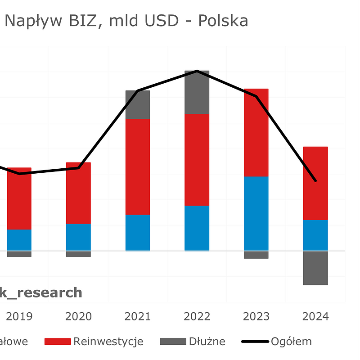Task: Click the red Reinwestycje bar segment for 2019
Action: coord(19,198)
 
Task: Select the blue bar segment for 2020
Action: coord(78,237)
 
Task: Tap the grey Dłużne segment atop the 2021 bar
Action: coord(138,104)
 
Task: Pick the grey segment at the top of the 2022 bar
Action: coord(197,92)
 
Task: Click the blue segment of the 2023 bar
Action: coord(256,213)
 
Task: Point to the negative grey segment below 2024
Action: coord(315,268)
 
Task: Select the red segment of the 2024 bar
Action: coord(315,183)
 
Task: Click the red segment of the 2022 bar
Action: coord(197,160)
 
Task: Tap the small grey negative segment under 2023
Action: coord(256,255)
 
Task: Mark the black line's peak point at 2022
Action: coord(197,71)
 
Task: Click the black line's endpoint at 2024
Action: coord(315,180)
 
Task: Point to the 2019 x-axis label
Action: coord(19,316)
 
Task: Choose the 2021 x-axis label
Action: coord(138,316)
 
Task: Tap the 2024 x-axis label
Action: coord(315,316)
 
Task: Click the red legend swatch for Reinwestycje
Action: coord(57,342)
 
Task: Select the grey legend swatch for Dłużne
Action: coord(173,342)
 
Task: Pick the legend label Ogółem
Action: coord(291,342)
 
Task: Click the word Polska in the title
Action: coord(223,21)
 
